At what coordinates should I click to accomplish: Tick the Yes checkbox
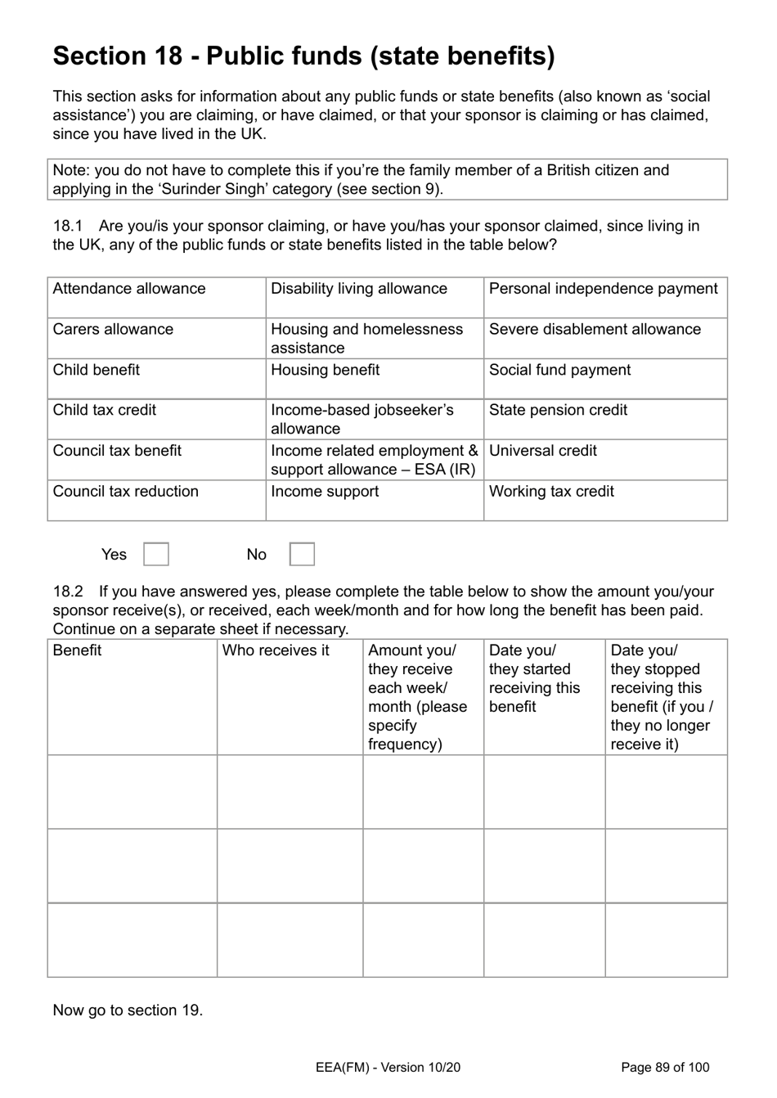pyautogui.click(x=156, y=554)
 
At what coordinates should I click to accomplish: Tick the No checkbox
pyautogui.click(x=302, y=554)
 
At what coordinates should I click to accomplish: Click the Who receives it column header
pyautogui.click(x=276, y=650)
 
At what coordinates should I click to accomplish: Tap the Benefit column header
pyautogui.click(x=77, y=650)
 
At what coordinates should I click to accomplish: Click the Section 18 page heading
pyautogui.click(x=303, y=56)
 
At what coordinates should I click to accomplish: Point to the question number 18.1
pyautogui.click(x=68, y=226)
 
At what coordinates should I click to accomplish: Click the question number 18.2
pyautogui.click(x=68, y=592)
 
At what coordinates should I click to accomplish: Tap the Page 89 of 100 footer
pyautogui.click(x=665, y=1067)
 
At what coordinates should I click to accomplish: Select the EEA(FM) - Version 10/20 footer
pyautogui.click(x=388, y=1067)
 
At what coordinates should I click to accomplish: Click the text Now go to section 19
pyautogui.click(x=128, y=1010)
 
